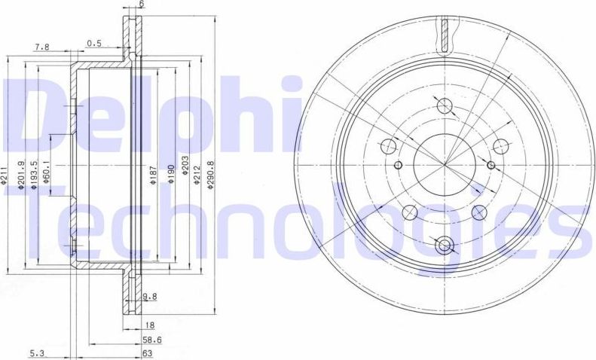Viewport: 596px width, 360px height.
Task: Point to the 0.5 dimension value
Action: pos(94,43)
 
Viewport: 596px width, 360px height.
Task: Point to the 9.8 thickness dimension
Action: pos(149,297)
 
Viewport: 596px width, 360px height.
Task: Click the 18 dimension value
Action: pos(149,326)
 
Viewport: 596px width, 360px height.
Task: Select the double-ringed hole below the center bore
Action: pos(443,244)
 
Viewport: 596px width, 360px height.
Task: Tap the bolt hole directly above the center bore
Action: pos(443,105)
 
